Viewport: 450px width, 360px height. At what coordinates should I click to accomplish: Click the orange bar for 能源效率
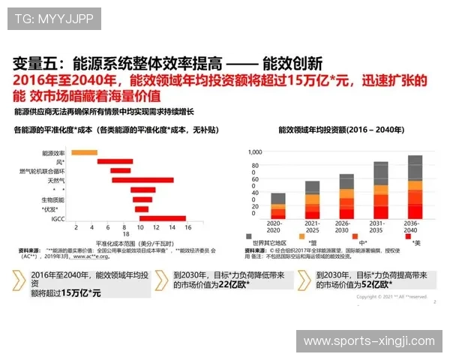tap(85, 152)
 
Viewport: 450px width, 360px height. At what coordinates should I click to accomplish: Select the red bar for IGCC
tap(162, 218)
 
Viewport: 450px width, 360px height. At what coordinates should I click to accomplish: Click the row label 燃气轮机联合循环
tap(43, 171)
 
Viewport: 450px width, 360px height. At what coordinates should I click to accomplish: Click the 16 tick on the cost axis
tap(187, 226)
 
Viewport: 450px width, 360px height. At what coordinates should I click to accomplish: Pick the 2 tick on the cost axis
tap(76, 226)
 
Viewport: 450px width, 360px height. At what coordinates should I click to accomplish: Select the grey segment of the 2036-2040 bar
tap(415, 167)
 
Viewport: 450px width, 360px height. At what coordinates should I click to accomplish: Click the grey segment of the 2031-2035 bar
tap(381, 173)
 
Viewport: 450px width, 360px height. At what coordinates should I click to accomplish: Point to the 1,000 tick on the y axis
tap(254, 151)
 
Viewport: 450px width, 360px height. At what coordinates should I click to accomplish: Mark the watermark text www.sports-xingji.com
tap(368, 341)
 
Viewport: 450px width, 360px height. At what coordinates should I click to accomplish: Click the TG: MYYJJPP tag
tap(53, 18)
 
